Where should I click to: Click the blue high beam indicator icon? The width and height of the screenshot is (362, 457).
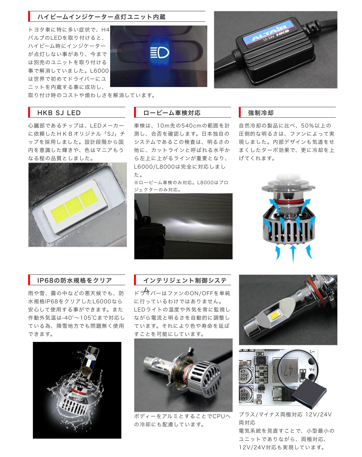coord(160,53)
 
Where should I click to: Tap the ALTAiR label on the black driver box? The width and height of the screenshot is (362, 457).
coord(269,34)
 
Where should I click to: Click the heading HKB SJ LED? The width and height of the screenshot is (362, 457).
coord(59,113)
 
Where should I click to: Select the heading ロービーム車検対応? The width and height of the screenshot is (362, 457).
coord(172,113)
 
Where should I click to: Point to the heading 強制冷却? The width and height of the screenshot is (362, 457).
coord(261,113)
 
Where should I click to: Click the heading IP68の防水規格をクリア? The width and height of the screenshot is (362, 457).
coord(74,280)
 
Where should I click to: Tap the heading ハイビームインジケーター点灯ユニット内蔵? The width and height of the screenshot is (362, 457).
coord(101,17)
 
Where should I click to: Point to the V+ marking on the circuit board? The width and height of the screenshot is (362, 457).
coord(312,369)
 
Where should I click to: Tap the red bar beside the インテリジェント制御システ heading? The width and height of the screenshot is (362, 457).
coord(135,280)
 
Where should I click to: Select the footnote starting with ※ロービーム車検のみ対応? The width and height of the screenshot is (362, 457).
coord(181,186)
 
